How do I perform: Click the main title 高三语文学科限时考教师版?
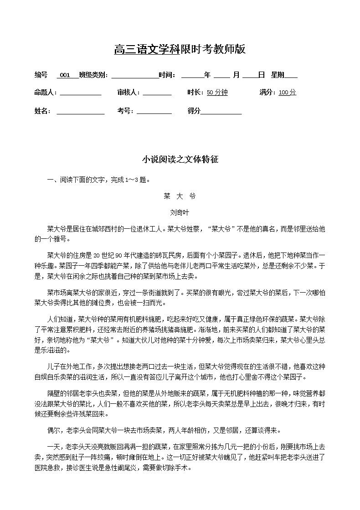[x=180, y=50]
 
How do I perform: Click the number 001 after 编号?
[x=65, y=75]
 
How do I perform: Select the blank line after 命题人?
[x=80, y=93]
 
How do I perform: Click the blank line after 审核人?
[x=157, y=93]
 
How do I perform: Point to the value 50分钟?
[x=217, y=93]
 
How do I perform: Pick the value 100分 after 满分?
[x=287, y=93]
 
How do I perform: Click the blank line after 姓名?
[x=80, y=111]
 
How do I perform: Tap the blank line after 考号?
[x=154, y=111]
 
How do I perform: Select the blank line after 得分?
[x=221, y=111]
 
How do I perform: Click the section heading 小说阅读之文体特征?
[x=180, y=160]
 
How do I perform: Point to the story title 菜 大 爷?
[x=180, y=196]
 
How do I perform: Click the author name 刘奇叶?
[x=180, y=212]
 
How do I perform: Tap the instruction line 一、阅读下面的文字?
[x=98, y=180]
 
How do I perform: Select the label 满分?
[x=267, y=93]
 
